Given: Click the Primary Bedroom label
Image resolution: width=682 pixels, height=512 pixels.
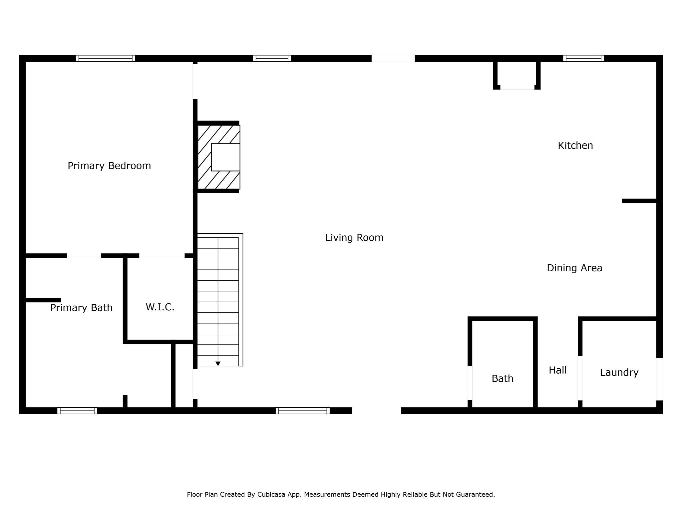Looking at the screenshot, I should [109, 166].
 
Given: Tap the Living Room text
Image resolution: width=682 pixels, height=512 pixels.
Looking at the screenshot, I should [354, 238].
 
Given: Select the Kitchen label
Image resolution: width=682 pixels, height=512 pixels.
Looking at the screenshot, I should [575, 146].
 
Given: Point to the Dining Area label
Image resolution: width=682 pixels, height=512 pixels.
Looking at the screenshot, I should [574, 268].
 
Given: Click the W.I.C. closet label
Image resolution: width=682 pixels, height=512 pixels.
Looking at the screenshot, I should [160, 307].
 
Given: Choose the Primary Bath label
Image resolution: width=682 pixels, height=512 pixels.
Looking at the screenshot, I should [81, 308].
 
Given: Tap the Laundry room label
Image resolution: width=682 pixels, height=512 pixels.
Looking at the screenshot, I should [619, 372].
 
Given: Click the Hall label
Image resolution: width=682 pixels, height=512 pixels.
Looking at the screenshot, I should [557, 370].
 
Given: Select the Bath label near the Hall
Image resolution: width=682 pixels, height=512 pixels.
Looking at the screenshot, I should [502, 379].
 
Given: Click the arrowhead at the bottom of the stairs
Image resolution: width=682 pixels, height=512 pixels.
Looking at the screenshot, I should [218, 364].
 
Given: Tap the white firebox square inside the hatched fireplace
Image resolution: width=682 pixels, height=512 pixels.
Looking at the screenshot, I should [225, 157].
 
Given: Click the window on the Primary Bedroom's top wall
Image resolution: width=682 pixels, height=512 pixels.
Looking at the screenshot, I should [105, 58].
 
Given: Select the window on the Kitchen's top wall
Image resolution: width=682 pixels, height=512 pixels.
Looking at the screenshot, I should [583, 58].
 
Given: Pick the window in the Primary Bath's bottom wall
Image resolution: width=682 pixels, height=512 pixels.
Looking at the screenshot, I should [77, 411].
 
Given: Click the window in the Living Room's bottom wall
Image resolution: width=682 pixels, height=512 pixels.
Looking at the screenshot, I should [302, 411].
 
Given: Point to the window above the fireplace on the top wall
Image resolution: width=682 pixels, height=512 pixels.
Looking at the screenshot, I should [272, 58].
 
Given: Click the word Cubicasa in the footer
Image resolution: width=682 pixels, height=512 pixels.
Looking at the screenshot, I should [271, 494].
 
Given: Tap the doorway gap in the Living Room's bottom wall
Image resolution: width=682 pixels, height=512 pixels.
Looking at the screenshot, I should [376, 411].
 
